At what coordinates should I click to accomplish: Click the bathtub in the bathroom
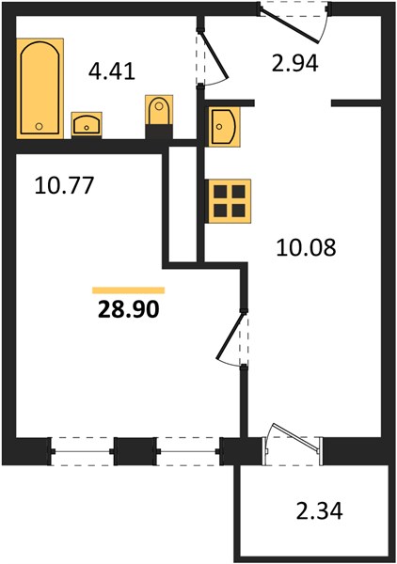click(x=40, y=88)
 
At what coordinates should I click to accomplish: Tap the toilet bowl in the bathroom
click(x=159, y=110)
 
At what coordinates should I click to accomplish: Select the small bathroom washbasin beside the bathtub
click(x=87, y=124)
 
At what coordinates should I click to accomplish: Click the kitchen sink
click(x=225, y=127)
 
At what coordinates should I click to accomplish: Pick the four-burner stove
click(x=229, y=201)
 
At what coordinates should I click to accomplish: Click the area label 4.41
click(x=112, y=71)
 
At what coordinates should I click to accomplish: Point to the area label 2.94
click(x=294, y=63)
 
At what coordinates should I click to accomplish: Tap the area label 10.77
click(x=64, y=185)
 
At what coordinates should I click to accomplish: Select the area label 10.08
click(x=306, y=247)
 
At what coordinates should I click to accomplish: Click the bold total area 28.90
click(x=128, y=308)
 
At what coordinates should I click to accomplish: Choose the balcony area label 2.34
click(x=319, y=511)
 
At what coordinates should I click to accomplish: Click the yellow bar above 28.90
click(x=129, y=290)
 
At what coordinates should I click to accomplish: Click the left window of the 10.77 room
click(x=81, y=451)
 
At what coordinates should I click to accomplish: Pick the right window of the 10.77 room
click(x=188, y=451)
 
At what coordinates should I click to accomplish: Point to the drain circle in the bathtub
click(x=40, y=126)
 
